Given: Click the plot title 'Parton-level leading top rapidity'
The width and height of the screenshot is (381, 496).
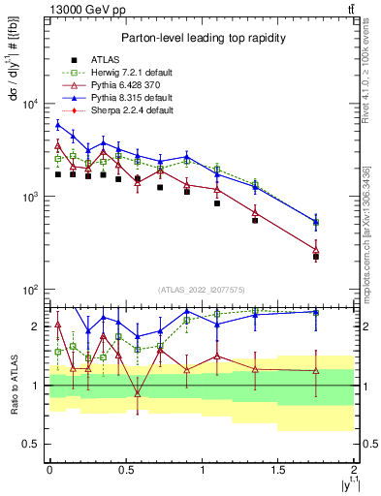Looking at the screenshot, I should pyautogui.click(x=201, y=38).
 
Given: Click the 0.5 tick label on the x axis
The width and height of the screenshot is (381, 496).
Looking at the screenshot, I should pyautogui.click(x=125, y=469).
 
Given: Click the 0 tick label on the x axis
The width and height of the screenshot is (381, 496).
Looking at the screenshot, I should pyautogui.click(x=49, y=469).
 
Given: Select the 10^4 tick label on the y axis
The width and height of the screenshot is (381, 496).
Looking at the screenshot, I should pyautogui.click(x=32, y=105).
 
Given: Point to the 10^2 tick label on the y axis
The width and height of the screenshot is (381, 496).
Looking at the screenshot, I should pyautogui.click(x=32, y=291).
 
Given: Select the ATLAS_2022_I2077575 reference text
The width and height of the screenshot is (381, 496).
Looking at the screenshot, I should pyautogui.click(x=201, y=289).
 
